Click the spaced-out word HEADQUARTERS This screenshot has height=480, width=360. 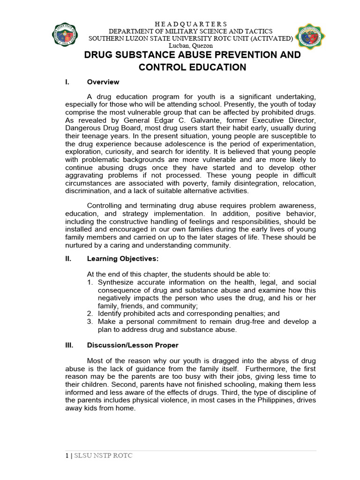[191, 24]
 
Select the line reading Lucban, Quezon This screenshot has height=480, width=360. [191, 45]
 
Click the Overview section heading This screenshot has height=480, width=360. [103, 82]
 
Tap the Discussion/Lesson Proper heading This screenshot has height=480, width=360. [133, 345]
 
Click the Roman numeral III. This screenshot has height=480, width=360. [68, 345]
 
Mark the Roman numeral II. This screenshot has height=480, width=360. [67, 258]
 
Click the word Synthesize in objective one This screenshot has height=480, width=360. [117, 282]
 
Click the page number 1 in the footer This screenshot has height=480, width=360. [67, 456]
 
